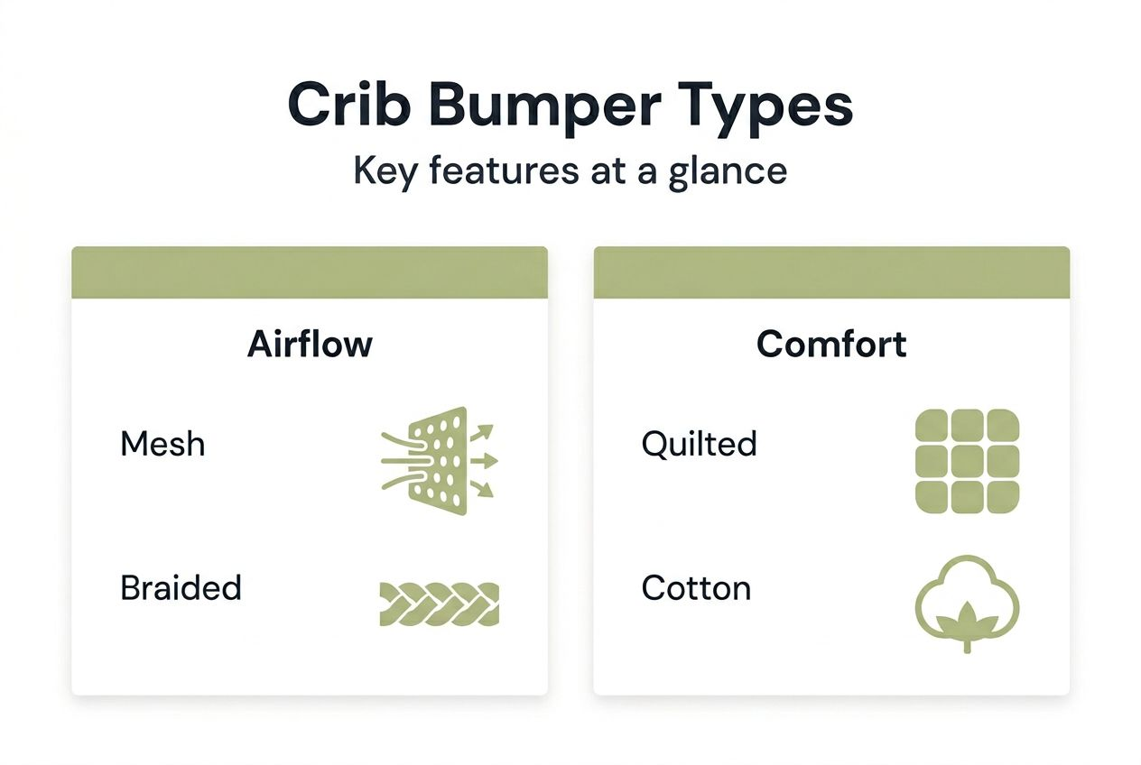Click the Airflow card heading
(310, 345)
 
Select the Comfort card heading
(831, 345)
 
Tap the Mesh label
(162, 444)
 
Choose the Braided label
(181, 588)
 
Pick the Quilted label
(699, 444)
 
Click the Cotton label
(696, 588)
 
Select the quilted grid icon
(967, 461)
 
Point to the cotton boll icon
(967, 600)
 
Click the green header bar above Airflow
(310, 272)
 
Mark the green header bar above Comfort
(831, 272)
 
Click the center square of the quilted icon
(967, 461)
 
